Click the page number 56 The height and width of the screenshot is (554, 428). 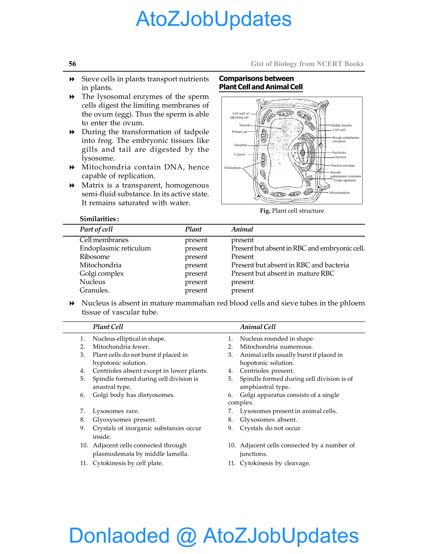pos(72,64)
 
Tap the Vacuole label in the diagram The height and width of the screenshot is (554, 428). pos(245,125)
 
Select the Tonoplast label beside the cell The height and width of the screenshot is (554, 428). pos(240,145)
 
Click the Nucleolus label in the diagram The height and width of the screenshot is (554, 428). pos(339,152)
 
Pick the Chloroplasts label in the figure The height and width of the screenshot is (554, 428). pos(232,168)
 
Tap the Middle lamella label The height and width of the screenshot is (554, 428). pos(341,125)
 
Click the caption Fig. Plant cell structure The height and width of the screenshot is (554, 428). pos(292,211)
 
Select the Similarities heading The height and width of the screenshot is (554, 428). pos(99,219)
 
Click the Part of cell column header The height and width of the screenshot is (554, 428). pos(96,229)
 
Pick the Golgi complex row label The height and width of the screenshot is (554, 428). pos(101,273)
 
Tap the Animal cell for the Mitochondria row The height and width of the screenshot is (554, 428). pos(290,265)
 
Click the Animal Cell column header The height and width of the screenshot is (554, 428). pos(258,327)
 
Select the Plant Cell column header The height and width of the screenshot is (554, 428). pos(108,327)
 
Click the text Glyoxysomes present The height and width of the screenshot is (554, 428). pos(124,420)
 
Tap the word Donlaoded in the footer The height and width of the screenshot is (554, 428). pos(119,535)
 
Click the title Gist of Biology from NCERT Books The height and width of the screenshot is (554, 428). pos(307,64)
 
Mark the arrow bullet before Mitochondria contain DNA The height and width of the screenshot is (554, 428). pos(72,167)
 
